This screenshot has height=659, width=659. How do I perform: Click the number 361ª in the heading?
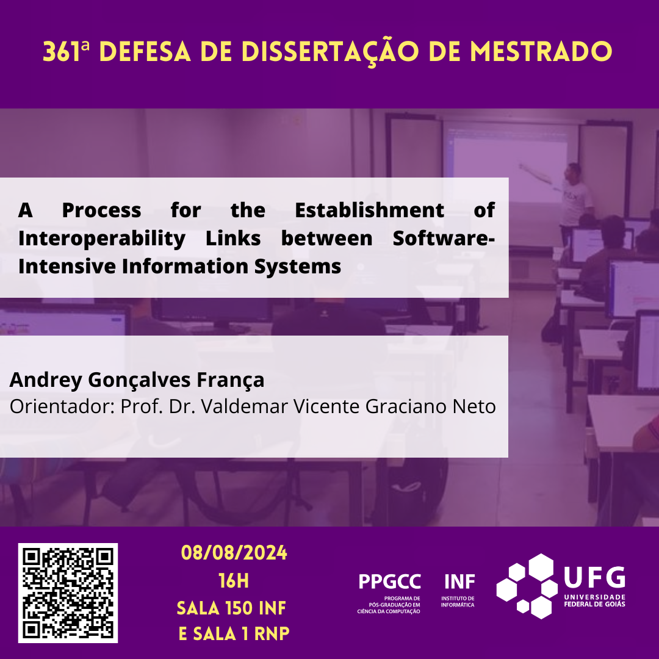point(66,52)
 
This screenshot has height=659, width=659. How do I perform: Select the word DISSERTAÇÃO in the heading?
point(330,52)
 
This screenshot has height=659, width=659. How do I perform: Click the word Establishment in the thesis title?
point(369,210)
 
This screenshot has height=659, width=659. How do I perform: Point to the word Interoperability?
point(102,239)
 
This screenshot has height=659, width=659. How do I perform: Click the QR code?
point(68,593)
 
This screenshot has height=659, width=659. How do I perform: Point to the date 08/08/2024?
point(234,553)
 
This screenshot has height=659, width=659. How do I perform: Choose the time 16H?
point(234,582)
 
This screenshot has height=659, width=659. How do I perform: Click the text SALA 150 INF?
point(231,608)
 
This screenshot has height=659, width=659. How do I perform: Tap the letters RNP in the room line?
point(272,634)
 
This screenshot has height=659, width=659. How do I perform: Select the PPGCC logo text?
point(389,582)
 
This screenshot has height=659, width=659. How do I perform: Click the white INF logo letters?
point(459,582)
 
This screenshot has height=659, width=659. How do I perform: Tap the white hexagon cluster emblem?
point(527,586)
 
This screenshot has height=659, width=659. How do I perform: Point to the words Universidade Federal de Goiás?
point(594,600)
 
